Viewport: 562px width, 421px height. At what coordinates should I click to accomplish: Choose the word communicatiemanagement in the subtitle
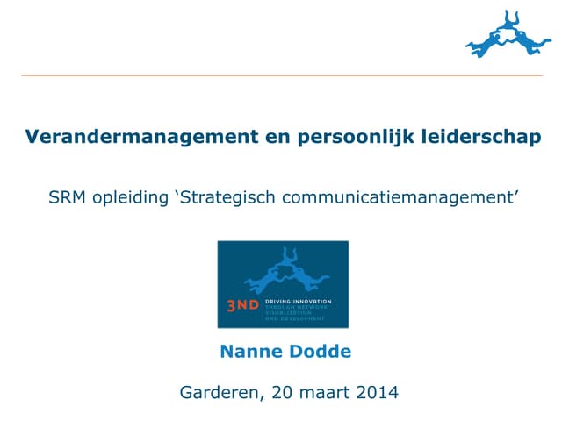[x=395, y=197]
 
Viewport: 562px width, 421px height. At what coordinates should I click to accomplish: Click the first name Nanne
[x=248, y=352]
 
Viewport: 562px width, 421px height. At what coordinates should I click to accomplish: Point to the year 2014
[x=375, y=392]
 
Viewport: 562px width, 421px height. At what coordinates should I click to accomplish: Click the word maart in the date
[x=321, y=392]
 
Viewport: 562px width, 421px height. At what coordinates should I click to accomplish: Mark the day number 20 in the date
[x=279, y=392]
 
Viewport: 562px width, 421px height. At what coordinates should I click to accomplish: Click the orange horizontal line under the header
[x=281, y=76]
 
